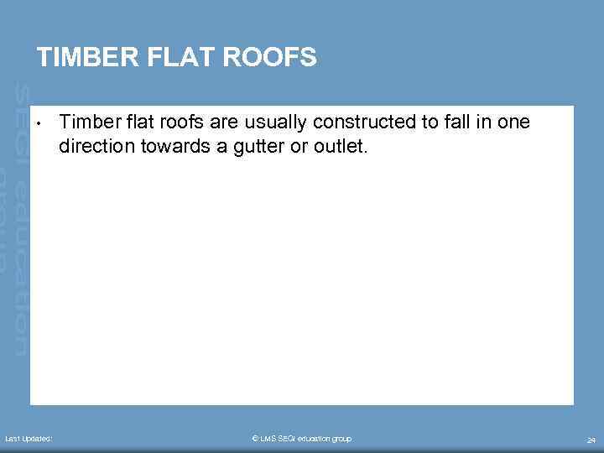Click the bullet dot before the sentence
tap(40, 127)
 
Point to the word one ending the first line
tap(513, 122)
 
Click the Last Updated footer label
tap(29, 439)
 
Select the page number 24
tap(591, 440)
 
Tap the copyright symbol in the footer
tap(254, 439)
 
